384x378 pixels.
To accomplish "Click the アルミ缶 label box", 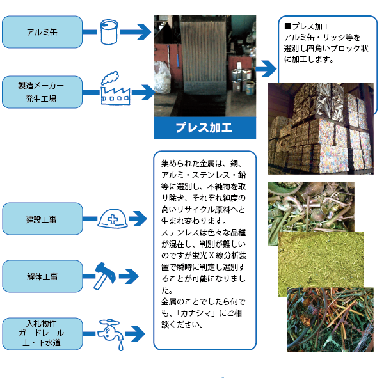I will pos(42,32).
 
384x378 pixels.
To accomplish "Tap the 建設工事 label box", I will pos(42,219).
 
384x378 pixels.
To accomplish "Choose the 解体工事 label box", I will pos(42,276).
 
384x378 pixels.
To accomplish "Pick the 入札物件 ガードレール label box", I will pos(42,333).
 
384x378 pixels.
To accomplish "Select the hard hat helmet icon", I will pos(112,219).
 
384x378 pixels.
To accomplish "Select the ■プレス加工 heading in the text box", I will pos(307,26).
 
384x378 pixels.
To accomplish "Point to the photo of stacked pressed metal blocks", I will pos(321,129).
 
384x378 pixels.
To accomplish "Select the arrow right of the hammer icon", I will pos(129,277).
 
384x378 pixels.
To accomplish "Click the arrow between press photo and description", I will pos(264,68).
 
